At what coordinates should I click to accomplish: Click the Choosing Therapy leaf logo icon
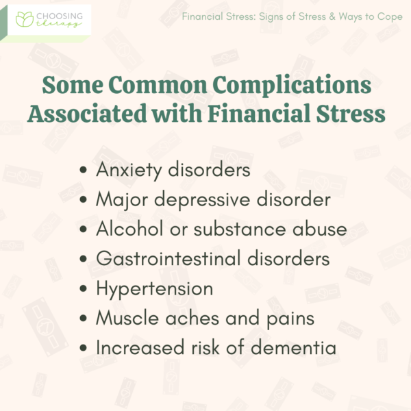click(25, 18)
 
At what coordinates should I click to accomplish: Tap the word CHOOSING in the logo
click(58, 14)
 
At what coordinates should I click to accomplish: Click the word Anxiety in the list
click(127, 170)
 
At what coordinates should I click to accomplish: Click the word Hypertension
click(154, 288)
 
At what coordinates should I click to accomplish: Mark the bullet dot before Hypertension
click(84, 289)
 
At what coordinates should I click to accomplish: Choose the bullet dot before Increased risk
click(84, 348)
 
